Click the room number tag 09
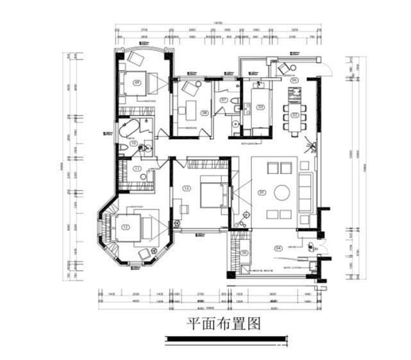pos(137,83)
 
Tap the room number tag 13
pos(187,189)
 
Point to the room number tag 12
pos(126,227)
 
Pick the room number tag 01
pos(262,192)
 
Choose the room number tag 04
pos(278,248)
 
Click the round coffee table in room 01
pos(282,192)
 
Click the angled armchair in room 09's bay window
pos(135,58)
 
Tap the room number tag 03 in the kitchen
pos(261,107)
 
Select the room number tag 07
pos(222,101)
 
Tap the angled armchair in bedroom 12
pos(144,255)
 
